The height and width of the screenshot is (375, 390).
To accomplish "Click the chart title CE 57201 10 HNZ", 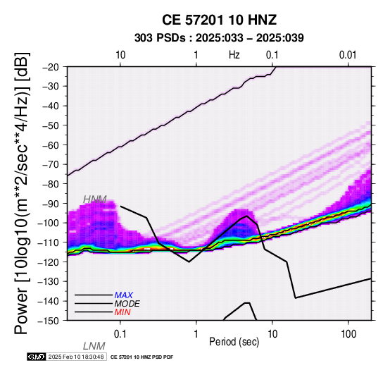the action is point(219,20).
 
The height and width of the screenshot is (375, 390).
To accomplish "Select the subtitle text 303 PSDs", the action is point(160,38).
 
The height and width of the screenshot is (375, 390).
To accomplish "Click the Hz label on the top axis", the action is point(234,55).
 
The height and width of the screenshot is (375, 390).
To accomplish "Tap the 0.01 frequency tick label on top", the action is point(348,55).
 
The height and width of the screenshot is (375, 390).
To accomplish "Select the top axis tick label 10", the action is point(120,55).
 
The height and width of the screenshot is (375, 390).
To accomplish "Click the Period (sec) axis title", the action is point(234,342).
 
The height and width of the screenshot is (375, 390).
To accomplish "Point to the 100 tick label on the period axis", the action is point(348,334).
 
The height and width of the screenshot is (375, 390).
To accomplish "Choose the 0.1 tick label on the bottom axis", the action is point(120,334).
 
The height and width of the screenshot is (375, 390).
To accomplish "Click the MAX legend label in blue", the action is point(124,295).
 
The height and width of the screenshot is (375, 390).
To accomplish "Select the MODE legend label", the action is point(127,304).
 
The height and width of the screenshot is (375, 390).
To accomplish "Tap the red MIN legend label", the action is point(122,312).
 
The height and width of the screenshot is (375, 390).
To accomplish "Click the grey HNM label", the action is point(95,199).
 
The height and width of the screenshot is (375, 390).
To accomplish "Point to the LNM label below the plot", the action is point(94,346).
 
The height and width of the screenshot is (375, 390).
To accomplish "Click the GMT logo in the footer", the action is point(36,357).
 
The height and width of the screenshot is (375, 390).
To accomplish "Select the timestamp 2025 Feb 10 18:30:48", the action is point(76,357).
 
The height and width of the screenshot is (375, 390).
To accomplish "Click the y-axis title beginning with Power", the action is point(22,193).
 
